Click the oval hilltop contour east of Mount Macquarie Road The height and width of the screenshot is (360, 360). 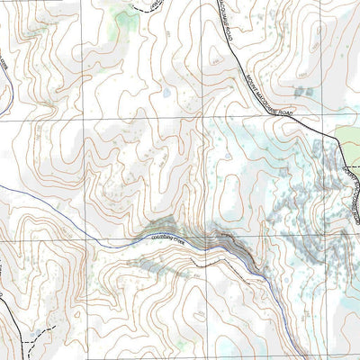click(315, 36)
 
